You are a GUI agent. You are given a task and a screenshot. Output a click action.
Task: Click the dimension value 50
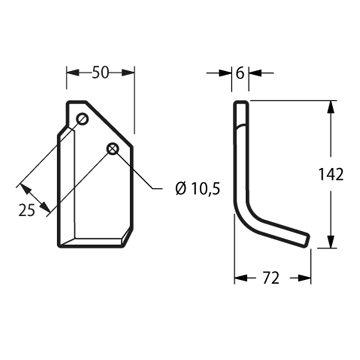(101, 73)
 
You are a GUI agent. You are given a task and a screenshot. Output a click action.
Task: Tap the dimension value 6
(240, 73)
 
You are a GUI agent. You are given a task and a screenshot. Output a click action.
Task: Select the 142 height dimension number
(331, 174)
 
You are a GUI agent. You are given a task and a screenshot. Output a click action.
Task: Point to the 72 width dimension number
(271, 278)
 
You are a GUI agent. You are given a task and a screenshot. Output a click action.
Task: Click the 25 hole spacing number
(27, 210)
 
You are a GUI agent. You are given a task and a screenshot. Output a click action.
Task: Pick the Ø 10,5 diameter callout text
(198, 189)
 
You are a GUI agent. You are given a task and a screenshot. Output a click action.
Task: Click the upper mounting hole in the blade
(82, 118)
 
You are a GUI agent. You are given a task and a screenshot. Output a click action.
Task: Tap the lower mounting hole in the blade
(113, 149)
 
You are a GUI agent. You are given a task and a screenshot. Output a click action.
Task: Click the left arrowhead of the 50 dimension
(73, 73)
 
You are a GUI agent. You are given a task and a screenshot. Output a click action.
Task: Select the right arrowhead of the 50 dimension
(128, 73)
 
